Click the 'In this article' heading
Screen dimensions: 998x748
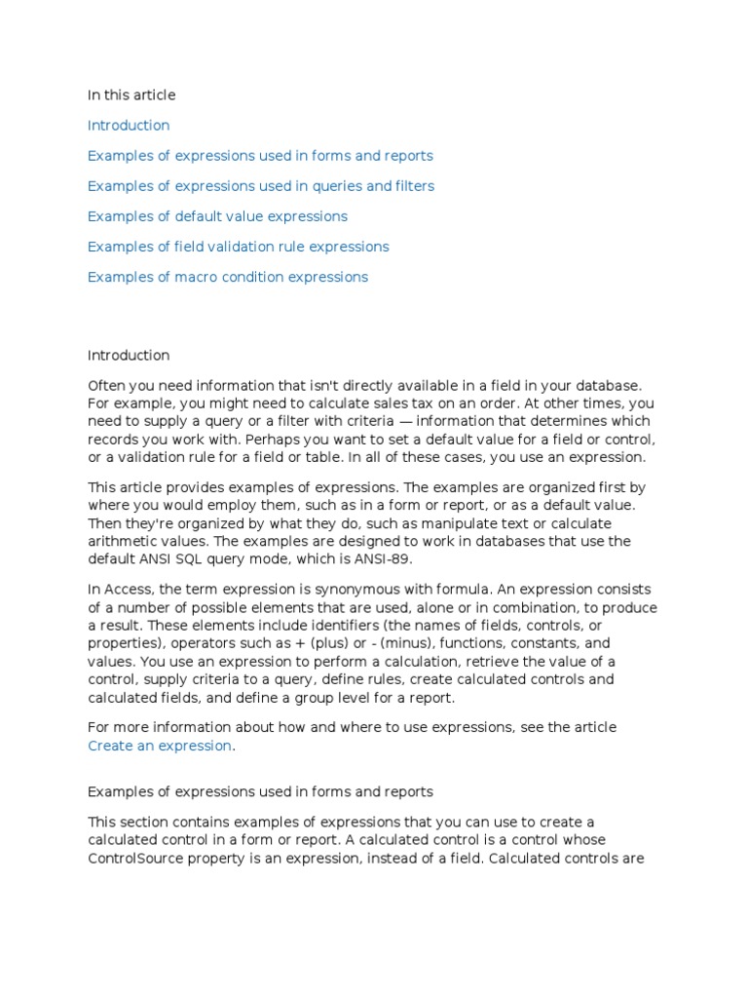pos(131,96)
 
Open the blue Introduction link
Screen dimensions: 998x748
pos(129,126)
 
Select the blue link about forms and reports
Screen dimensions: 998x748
pos(260,156)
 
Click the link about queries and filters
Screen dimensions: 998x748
pos(261,186)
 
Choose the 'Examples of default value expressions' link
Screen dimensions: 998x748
pos(217,216)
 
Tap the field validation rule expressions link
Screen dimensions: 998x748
pos(238,247)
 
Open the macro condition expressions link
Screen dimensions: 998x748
pos(228,277)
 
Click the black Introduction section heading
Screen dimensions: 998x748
pos(129,356)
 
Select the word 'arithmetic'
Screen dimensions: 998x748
pos(122,541)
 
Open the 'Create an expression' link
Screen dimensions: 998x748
pos(160,746)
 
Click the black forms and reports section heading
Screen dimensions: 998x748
pos(260,791)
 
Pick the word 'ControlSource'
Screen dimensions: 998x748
pos(132,858)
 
